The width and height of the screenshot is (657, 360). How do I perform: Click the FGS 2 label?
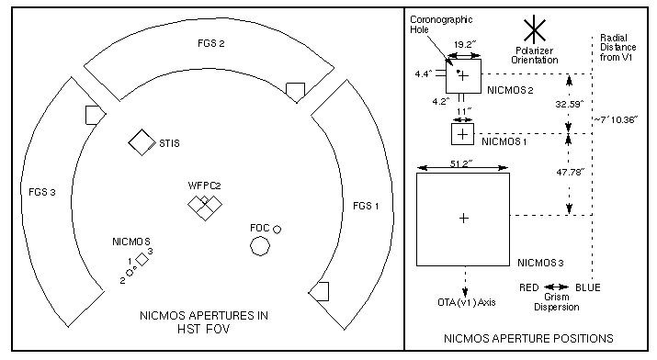click(211, 43)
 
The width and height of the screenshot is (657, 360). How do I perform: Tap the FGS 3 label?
click(42, 192)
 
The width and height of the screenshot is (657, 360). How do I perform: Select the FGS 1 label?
click(366, 206)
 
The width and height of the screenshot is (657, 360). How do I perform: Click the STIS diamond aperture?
click(142, 142)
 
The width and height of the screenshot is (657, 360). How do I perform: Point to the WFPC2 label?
click(205, 186)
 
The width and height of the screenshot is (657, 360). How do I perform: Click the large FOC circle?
click(260, 246)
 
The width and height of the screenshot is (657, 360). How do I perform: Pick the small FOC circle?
click(277, 230)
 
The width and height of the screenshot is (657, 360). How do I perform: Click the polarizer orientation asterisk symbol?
click(535, 29)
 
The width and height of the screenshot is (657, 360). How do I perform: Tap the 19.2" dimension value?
click(465, 45)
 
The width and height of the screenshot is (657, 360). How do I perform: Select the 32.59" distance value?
click(570, 104)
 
